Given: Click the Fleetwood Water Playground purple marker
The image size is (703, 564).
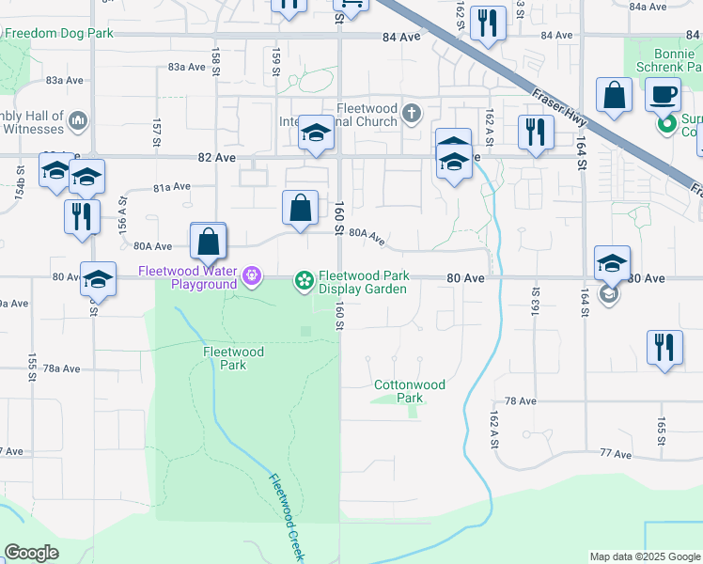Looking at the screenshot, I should (251, 276).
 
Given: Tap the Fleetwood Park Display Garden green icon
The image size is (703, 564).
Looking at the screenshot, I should (304, 278).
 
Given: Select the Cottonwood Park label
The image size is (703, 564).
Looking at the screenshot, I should (410, 391).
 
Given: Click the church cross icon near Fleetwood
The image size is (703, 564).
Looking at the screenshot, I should (411, 115).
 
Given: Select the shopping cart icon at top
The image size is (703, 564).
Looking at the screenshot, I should (351, 5).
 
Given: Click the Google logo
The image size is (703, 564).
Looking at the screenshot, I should (31, 553).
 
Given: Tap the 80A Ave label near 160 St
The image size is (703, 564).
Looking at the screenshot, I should (367, 239).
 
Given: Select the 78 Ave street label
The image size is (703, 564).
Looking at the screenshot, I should (520, 400).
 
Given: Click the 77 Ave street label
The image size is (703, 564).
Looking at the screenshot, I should (616, 453).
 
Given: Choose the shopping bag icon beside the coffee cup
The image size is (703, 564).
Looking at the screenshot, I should (614, 95).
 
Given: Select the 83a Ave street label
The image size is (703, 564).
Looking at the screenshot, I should (186, 67).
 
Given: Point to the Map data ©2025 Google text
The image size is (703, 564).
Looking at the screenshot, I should (645, 556).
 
